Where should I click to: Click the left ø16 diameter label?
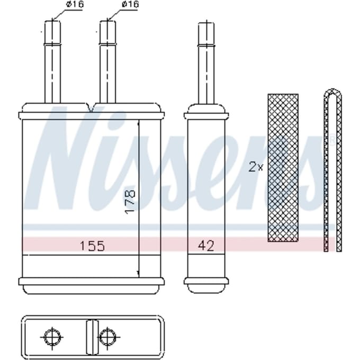75,4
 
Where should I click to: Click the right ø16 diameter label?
130,4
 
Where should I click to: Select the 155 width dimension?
92,246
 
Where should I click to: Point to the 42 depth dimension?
206,246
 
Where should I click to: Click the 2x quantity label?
256,168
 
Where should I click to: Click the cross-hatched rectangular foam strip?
283,168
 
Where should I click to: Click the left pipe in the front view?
52,62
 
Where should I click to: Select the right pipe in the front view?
107,62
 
